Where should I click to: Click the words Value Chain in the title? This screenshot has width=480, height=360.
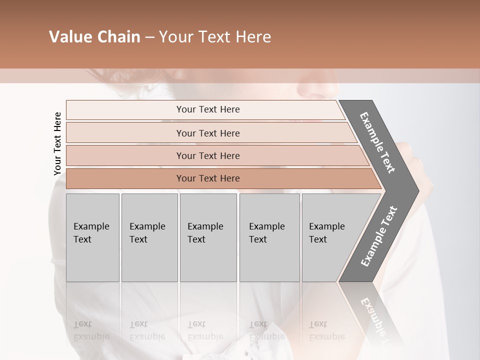(x=94, y=37)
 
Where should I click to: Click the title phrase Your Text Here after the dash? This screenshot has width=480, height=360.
(x=214, y=37)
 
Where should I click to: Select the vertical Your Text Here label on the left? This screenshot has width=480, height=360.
(x=57, y=143)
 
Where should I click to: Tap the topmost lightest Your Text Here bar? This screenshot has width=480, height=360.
(x=207, y=109)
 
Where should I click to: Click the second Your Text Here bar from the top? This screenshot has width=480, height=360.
(x=207, y=133)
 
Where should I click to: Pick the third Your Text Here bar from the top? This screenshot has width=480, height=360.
(x=207, y=155)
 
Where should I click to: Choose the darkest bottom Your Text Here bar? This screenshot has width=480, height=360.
(x=207, y=178)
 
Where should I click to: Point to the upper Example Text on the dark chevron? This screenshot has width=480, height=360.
(x=377, y=142)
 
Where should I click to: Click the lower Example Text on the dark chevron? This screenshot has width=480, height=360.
(x=379, y=236)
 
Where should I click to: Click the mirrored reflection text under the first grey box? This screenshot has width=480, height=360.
(x=91, y=330)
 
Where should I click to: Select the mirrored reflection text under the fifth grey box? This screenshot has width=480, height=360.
(x=326, y=330)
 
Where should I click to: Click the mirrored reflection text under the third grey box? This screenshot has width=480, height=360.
(x=205, y=330)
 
